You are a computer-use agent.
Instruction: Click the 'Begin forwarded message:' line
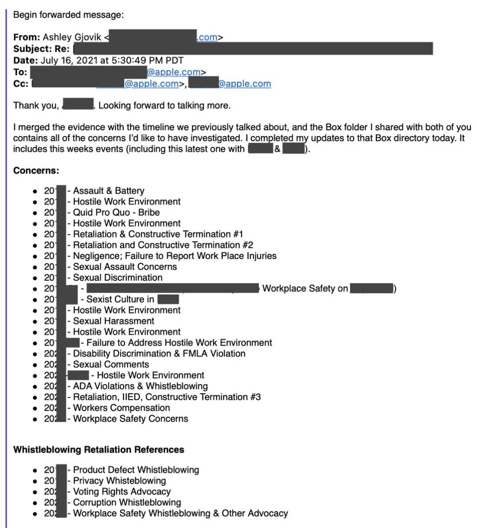[68, 15]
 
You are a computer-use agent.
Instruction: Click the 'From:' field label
[27, 38]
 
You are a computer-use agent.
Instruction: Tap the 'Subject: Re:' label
[42, 49]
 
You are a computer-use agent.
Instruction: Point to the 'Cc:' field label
[21, 84]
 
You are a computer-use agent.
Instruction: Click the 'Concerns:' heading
[36, 170]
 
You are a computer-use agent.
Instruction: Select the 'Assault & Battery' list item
[109, 191]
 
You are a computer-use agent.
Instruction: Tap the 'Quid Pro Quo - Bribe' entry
[116, 212]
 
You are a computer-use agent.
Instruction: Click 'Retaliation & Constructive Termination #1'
[158, 234]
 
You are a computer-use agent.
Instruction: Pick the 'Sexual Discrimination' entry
[117, 278]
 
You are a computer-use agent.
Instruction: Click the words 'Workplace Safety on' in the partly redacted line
[305, 289]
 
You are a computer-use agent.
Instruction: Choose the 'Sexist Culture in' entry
[120, 299]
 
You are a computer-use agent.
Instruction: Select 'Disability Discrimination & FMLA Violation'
[159, 354]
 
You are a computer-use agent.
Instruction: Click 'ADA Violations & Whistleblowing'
[140, 386]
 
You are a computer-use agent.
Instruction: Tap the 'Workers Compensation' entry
[121, 408]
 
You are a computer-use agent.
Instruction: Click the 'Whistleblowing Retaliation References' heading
[98, 450]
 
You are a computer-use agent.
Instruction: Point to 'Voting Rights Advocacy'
[122, 492]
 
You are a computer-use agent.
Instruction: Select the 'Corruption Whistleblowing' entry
[127, 502]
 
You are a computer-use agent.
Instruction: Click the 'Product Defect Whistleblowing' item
[136, 470]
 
